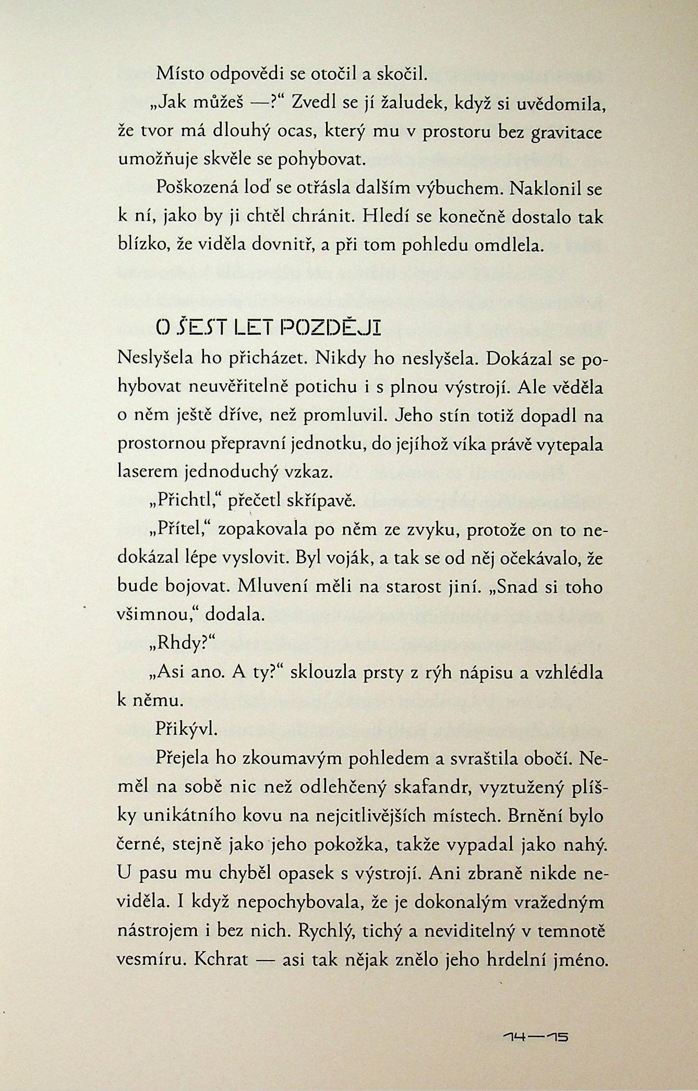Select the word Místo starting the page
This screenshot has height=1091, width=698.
179,75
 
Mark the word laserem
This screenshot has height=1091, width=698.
149,472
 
